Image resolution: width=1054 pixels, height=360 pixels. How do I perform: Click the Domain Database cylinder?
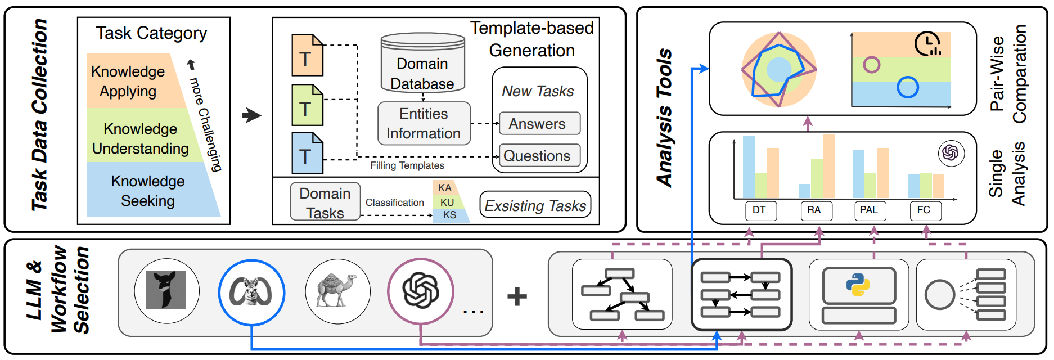tap(422, 63)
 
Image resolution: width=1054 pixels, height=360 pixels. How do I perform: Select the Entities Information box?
tap(424, 123)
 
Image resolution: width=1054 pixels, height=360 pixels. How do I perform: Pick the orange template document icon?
tap(307, 55)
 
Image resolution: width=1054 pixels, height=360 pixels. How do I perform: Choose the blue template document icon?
tap(307, 153)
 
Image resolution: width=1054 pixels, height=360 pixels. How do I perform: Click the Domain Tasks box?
tap(325, 202)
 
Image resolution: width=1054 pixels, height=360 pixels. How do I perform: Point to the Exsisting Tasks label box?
tap(535, 205)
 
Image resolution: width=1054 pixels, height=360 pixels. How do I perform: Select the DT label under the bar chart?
tap(759, 210)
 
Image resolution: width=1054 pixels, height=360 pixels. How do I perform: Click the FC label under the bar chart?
tap(924, 210)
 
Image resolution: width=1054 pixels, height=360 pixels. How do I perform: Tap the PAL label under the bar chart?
tap(869, 210)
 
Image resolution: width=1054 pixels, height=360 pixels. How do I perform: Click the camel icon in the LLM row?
tap(337, 291)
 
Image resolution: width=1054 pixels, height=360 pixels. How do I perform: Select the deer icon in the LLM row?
tap(165, 290)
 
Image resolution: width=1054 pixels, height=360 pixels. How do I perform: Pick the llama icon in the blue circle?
tap(251, 291)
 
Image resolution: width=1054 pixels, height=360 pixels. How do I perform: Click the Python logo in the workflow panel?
tap(858, 285)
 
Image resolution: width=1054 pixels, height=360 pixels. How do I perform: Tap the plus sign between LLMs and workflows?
tap(517, 296)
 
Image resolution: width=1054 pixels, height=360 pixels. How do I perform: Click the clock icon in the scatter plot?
tap(927, 44)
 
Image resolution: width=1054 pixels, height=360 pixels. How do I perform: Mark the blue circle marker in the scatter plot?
tap(907, 87)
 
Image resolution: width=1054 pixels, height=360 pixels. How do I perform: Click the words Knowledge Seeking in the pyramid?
tap(148, 191)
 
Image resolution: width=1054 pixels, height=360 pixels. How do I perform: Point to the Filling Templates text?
tap(407, 165)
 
